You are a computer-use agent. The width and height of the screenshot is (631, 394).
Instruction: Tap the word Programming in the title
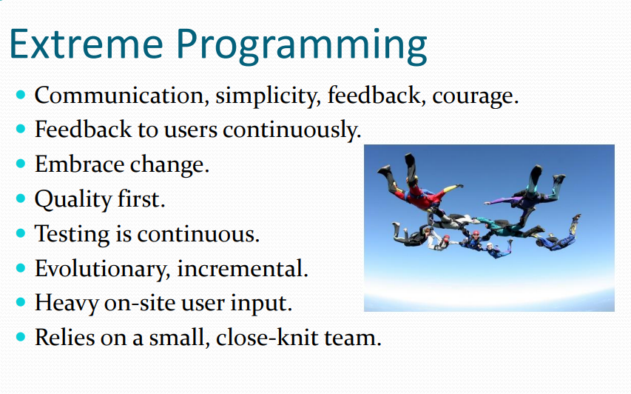point(301,47)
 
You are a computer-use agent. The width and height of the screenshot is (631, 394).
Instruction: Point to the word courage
point(475,98)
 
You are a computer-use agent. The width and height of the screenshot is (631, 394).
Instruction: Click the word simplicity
point(268,96)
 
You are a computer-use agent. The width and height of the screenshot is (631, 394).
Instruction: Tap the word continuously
point(291,130)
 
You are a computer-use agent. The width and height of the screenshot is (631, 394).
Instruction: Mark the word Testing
point(72,235)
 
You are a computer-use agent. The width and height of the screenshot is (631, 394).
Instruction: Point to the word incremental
point(242,269)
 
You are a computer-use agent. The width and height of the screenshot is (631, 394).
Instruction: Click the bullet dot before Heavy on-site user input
point(21,302)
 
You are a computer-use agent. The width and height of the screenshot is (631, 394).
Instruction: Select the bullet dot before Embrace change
point(21,164)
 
